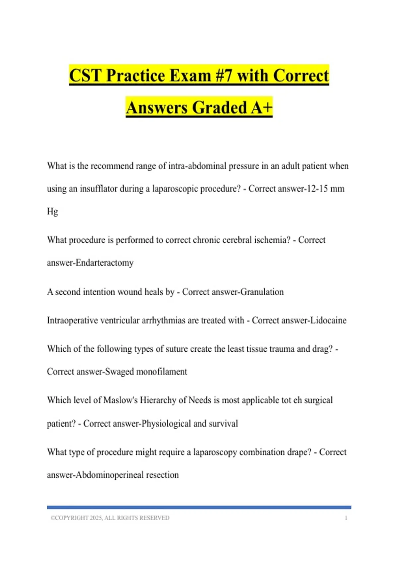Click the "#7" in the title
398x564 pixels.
223,75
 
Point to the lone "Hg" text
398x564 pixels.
52,211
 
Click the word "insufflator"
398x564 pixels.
99,189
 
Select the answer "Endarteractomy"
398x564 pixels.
104,263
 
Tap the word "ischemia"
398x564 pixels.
272,240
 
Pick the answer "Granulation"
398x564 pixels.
262,292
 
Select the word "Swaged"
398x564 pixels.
119,372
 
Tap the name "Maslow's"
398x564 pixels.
120,400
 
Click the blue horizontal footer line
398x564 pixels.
199,507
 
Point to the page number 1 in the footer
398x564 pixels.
346,518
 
